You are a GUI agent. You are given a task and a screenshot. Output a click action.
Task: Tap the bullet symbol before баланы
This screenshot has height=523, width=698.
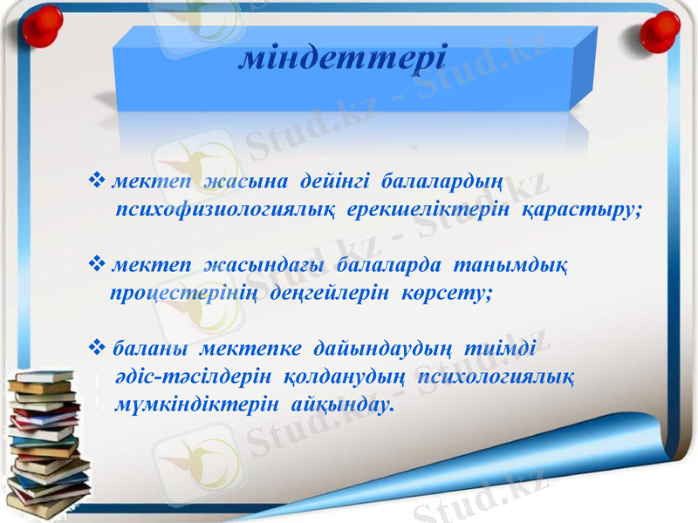pos(98,350)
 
